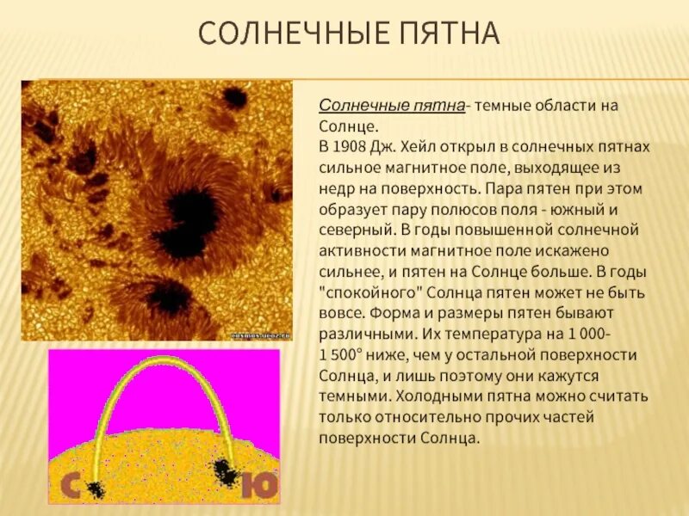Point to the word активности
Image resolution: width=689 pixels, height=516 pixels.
point(360,250)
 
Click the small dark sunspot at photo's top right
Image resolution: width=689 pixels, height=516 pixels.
point(234,97)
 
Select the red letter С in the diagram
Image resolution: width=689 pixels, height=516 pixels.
point(69,486)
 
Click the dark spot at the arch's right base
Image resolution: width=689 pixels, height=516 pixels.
point(226,470)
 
